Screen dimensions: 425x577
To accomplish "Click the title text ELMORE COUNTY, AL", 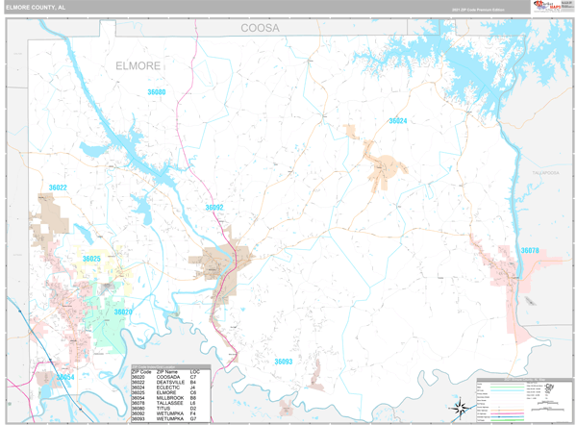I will (37, 6).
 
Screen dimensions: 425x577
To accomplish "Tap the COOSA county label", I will (260, 29).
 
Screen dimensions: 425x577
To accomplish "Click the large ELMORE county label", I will (138, 66).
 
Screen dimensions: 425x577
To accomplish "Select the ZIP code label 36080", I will (156, 92).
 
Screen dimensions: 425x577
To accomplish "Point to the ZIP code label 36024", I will (397, 121).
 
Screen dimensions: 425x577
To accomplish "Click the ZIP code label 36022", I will (58, 187).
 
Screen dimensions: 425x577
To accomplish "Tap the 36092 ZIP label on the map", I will (213, 207).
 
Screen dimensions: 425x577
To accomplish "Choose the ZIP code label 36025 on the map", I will (91, 259).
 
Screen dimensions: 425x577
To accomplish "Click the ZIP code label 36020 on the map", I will (123, 312).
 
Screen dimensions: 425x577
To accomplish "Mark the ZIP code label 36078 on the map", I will (530, 250).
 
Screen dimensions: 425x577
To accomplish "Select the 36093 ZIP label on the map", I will (283, 362).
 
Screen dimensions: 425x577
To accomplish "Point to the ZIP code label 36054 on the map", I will (64, 378).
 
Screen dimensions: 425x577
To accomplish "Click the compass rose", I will (461, 408).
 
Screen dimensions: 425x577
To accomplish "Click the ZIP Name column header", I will (166, 370).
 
